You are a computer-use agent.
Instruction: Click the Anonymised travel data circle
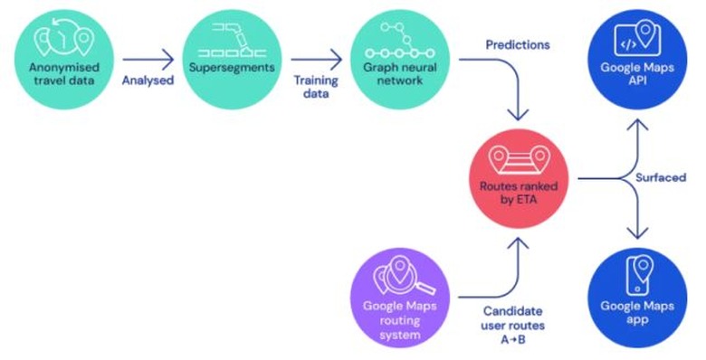pyautogui.click(x=60, y=60)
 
